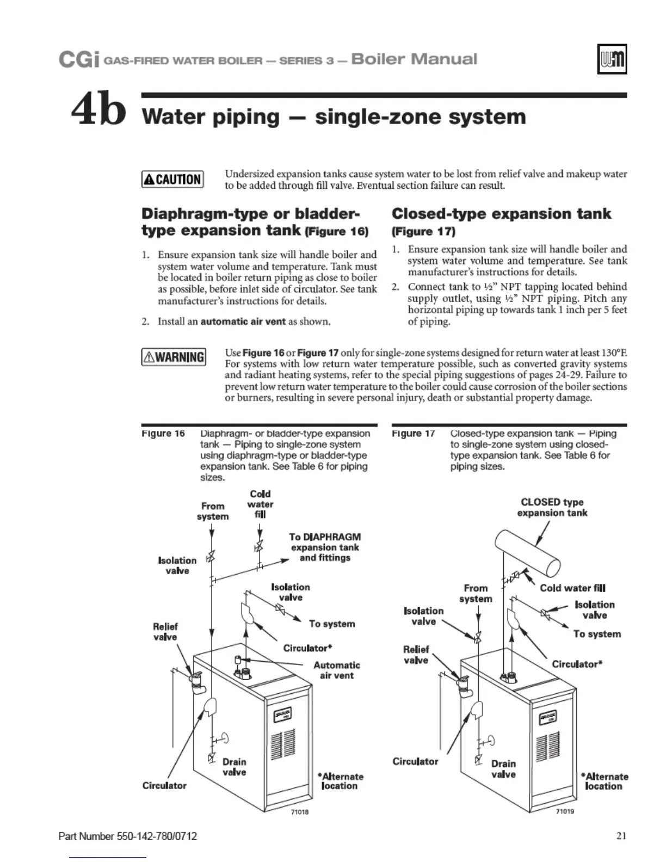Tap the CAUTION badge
point(172,179)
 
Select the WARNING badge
point(174,357)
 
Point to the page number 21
point(621,835)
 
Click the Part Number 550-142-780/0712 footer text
point(127,836)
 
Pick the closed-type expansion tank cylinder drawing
point(528,553)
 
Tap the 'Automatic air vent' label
point(336,670)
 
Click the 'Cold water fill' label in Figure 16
point(260,504)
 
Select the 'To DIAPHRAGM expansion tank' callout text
point(325,547)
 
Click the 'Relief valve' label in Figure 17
point(416,655)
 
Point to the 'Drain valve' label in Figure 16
point(234,767)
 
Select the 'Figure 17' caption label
point(414,434)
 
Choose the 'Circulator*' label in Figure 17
point(577,664)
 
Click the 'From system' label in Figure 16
point(213,511)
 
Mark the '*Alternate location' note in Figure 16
point(342,781)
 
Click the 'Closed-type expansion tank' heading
point(501,214)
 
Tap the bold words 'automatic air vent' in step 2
point(243,321)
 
